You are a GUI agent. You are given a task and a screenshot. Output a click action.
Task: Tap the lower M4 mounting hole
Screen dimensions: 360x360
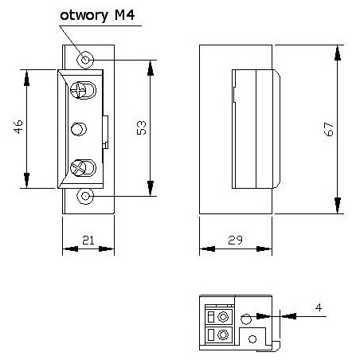(x=85, y=195)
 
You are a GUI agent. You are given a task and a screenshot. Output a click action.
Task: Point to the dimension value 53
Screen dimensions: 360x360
(x=141, y=127)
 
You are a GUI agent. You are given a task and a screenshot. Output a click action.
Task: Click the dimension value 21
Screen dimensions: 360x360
(x=88, y=240)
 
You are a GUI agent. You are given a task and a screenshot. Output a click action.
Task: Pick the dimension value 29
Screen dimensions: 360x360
(x=236, y=240)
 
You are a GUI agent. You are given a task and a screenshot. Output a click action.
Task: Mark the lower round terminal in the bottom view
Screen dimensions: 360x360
(x=224, y=336)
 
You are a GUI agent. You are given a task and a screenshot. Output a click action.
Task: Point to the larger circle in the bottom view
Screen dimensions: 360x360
(x=246, y=319)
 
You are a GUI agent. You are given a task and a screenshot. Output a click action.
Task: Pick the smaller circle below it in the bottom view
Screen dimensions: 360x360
(x=252, y=338)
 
